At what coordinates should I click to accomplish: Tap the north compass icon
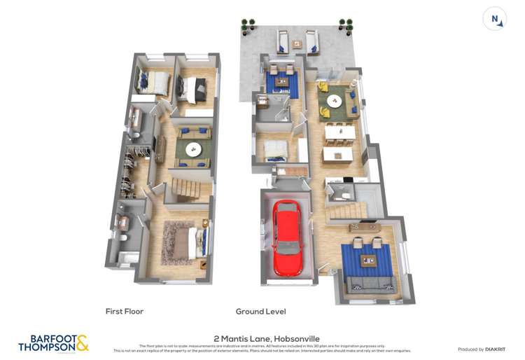[496, 19]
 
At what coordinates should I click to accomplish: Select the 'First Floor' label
[124, 312]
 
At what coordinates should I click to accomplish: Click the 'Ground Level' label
[260, 312]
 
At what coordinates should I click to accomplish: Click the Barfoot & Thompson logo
[53, 342]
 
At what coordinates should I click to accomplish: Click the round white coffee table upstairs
[192, 149]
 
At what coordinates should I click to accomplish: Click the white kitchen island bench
[339, 150]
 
